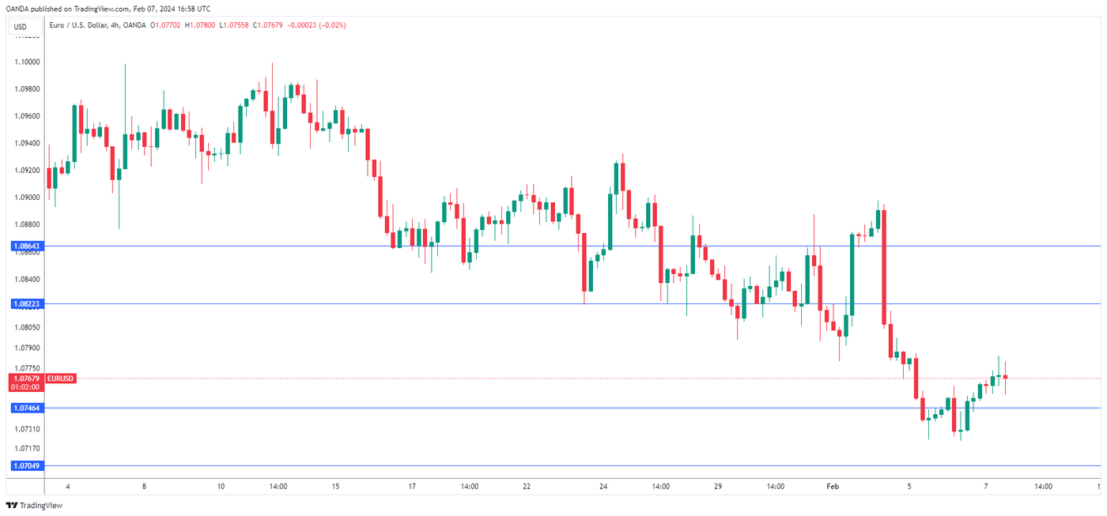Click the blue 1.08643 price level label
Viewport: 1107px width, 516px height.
pos(27,247)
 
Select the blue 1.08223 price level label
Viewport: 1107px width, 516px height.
pos(27,303)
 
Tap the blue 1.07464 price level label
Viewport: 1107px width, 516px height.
pos(27,408)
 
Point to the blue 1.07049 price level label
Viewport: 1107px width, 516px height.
pos(27,465)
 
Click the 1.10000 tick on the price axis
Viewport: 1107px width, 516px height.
pos(27,62)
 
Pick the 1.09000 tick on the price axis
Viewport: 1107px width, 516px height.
pos(27,198)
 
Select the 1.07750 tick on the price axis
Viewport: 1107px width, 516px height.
pos(27,368)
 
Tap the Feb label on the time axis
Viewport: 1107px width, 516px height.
pos(833,487)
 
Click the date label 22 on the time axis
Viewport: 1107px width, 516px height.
pos(526,487)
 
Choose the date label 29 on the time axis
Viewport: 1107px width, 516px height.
pos(718,487)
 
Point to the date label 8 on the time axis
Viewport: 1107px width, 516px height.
pos(144,487)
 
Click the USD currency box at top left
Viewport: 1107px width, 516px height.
pos(21,27)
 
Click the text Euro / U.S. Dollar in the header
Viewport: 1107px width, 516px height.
pos(78,25)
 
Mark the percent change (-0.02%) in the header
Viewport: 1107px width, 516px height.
pos(332,25)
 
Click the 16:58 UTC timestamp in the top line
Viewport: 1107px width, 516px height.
pos(191,9)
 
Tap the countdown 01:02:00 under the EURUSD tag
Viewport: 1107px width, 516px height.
pos(27,388)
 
